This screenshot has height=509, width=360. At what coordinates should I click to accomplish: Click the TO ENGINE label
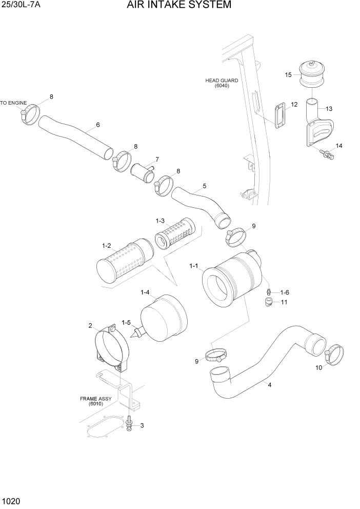(x=13, y=103)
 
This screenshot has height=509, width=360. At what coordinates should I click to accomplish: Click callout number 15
(x=288, y=75)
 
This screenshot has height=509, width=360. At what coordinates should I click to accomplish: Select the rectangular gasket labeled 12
(x=280, y=115)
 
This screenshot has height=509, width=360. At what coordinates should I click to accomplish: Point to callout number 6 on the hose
(x=97, y=125)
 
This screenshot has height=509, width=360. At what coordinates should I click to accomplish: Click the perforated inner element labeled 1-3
(x=174, y=234)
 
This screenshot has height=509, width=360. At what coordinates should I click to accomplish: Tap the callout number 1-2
(x=107, y=246)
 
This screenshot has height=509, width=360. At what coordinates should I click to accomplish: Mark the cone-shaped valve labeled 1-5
(x=136, y=334)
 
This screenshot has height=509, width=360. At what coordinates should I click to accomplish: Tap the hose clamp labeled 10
(x=333, y=355)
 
